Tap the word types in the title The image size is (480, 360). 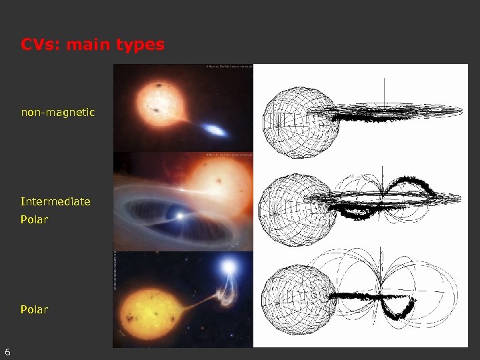tap(140, 46)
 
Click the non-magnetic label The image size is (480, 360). tap(58, 113)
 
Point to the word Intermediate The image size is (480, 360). tap(55, 201)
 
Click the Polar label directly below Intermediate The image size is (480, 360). tap(35, 219)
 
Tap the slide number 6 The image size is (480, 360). tap(7, 352)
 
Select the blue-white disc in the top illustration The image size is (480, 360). tap(215, 129)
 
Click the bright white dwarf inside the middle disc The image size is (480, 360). tap(179, 215)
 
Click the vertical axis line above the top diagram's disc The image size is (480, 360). tap(384, 90)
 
